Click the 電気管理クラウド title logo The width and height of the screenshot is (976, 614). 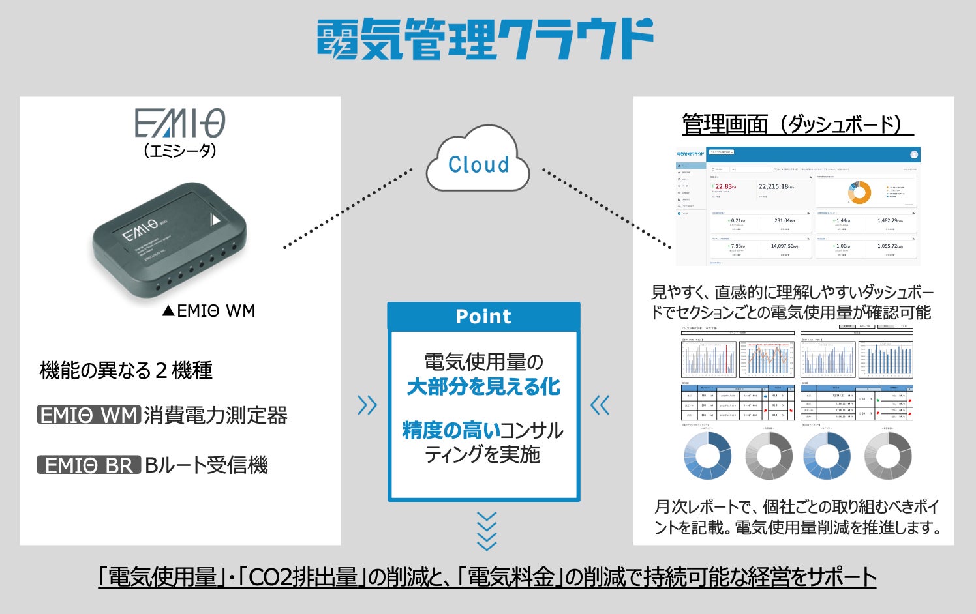click(x=485, y=39)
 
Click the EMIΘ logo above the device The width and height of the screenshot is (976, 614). click(x=180, y=123)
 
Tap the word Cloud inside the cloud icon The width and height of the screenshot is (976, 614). click(x=478, y=165)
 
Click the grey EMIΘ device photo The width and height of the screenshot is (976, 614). click(x=170, y=241)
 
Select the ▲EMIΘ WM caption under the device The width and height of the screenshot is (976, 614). click(x=209, y=311)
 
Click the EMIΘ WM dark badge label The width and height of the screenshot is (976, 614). click(x=89, y=415)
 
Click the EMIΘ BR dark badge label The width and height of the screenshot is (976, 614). click(x=89, y=465)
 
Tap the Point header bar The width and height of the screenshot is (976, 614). click(x=483, y=316)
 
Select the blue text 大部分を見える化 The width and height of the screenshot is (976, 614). click(x=483, y=387)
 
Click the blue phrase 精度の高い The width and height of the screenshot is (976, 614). click(x=451, y=430)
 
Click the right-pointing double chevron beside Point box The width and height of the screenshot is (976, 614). click(x=367, y=405)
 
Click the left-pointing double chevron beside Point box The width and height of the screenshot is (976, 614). click(x=600, y=405)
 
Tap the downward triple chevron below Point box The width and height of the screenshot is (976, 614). click(x=487, y=531)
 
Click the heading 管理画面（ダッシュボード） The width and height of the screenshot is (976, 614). click(x=793, y=124)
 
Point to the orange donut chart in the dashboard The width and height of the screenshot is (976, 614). click(x=859, y=192)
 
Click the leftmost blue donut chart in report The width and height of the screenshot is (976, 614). click(x=707, y=455)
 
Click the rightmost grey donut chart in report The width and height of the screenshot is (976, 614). click(x=887, y=455)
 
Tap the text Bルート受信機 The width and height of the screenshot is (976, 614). click(x=206, y=465)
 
